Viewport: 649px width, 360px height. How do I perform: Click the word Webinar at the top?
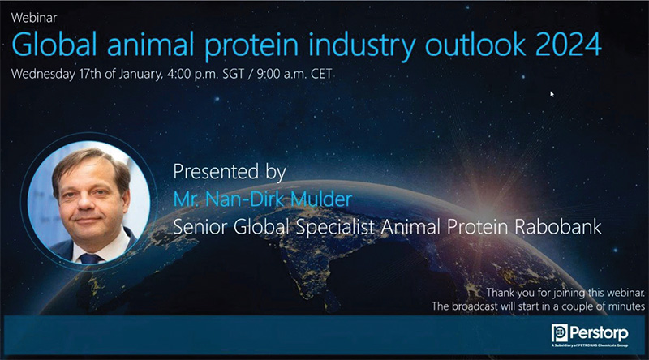click(34, 18)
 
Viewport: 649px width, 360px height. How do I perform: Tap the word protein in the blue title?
click(251, 45)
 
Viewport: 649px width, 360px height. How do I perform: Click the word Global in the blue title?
click(54, 44)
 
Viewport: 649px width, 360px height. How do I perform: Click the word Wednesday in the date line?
click(43, 75)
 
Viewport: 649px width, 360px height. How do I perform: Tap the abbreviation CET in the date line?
click(321, 74)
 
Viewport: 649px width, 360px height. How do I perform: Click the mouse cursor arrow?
click(552, 94)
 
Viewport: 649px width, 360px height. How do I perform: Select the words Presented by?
click(230, 172)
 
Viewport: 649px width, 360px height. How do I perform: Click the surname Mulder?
click(320, 199)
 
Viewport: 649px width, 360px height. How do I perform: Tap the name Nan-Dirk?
click(246, 199)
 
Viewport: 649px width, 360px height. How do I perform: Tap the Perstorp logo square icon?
click(559, 332)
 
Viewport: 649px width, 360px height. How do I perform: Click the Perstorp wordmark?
click(599, 333)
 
